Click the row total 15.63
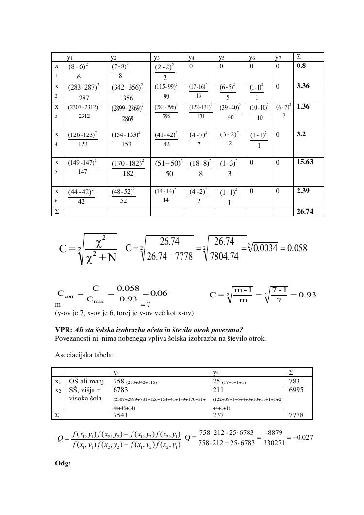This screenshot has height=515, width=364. pos(304,162)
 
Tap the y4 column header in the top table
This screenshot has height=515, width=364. pos(192,57)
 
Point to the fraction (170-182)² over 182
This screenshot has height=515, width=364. pos(128,168)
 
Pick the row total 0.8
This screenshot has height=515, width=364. pos(301,66)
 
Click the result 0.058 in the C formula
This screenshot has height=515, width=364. pos(298,248)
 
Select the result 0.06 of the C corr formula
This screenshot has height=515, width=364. pos(159,293)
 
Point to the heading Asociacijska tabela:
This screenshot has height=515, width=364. pos(84,355)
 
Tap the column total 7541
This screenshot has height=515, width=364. pos(121,415)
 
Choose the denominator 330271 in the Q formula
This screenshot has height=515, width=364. pos(270,443)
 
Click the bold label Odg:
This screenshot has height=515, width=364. pos(63,463)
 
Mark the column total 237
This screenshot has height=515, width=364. pos(219,415)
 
